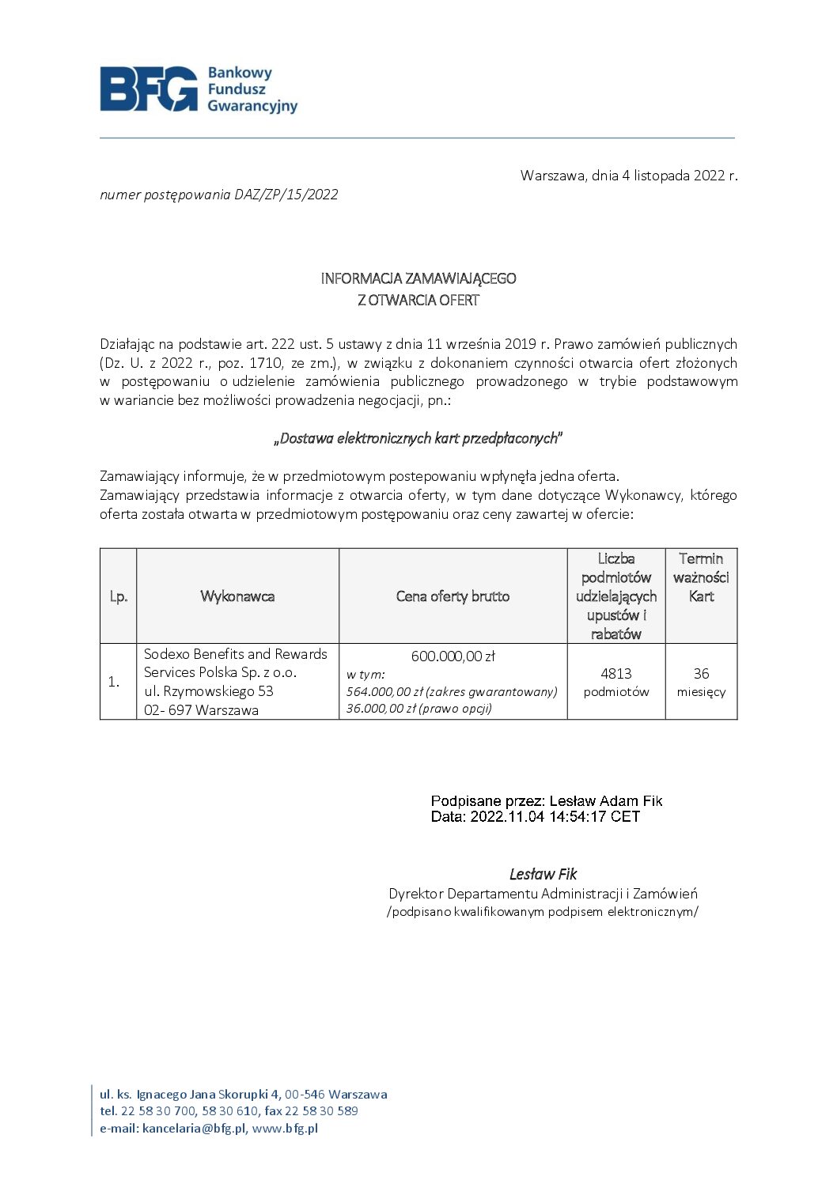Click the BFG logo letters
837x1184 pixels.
click(x=149, y=89)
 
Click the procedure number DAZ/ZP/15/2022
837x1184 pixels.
click(x=286, y=195)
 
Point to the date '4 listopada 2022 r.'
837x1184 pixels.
click(x=680, y=176)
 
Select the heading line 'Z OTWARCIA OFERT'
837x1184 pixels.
click(x=418, y=300)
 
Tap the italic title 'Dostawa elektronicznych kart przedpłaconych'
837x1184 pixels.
click(x=418, y=438)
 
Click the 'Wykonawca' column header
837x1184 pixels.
click(x=237, y=596)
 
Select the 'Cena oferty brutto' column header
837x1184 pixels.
click(x=453, y=596)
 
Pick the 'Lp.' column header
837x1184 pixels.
click(x=119, y=596)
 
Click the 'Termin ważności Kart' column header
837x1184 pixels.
click(x=701, y=577)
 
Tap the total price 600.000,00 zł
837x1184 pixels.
click(x=453, y=656)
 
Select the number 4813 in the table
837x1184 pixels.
click(x=615, y=674)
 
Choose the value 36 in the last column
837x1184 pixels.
click(x=701, y=674)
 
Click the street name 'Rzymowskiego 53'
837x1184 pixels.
click(x=218, y=691)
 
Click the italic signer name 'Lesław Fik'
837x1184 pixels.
click(x=543, y=874)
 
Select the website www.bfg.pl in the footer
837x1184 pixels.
click(x=285, y=1129)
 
